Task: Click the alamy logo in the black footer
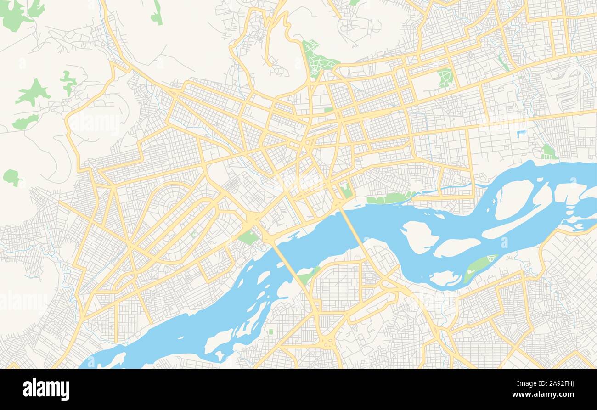(46, 389)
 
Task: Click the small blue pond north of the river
(521, 134)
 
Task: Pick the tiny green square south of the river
(271, 331)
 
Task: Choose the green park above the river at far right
(547, 152)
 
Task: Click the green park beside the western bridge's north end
(248, 237)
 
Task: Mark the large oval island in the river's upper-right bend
(513, 199)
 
